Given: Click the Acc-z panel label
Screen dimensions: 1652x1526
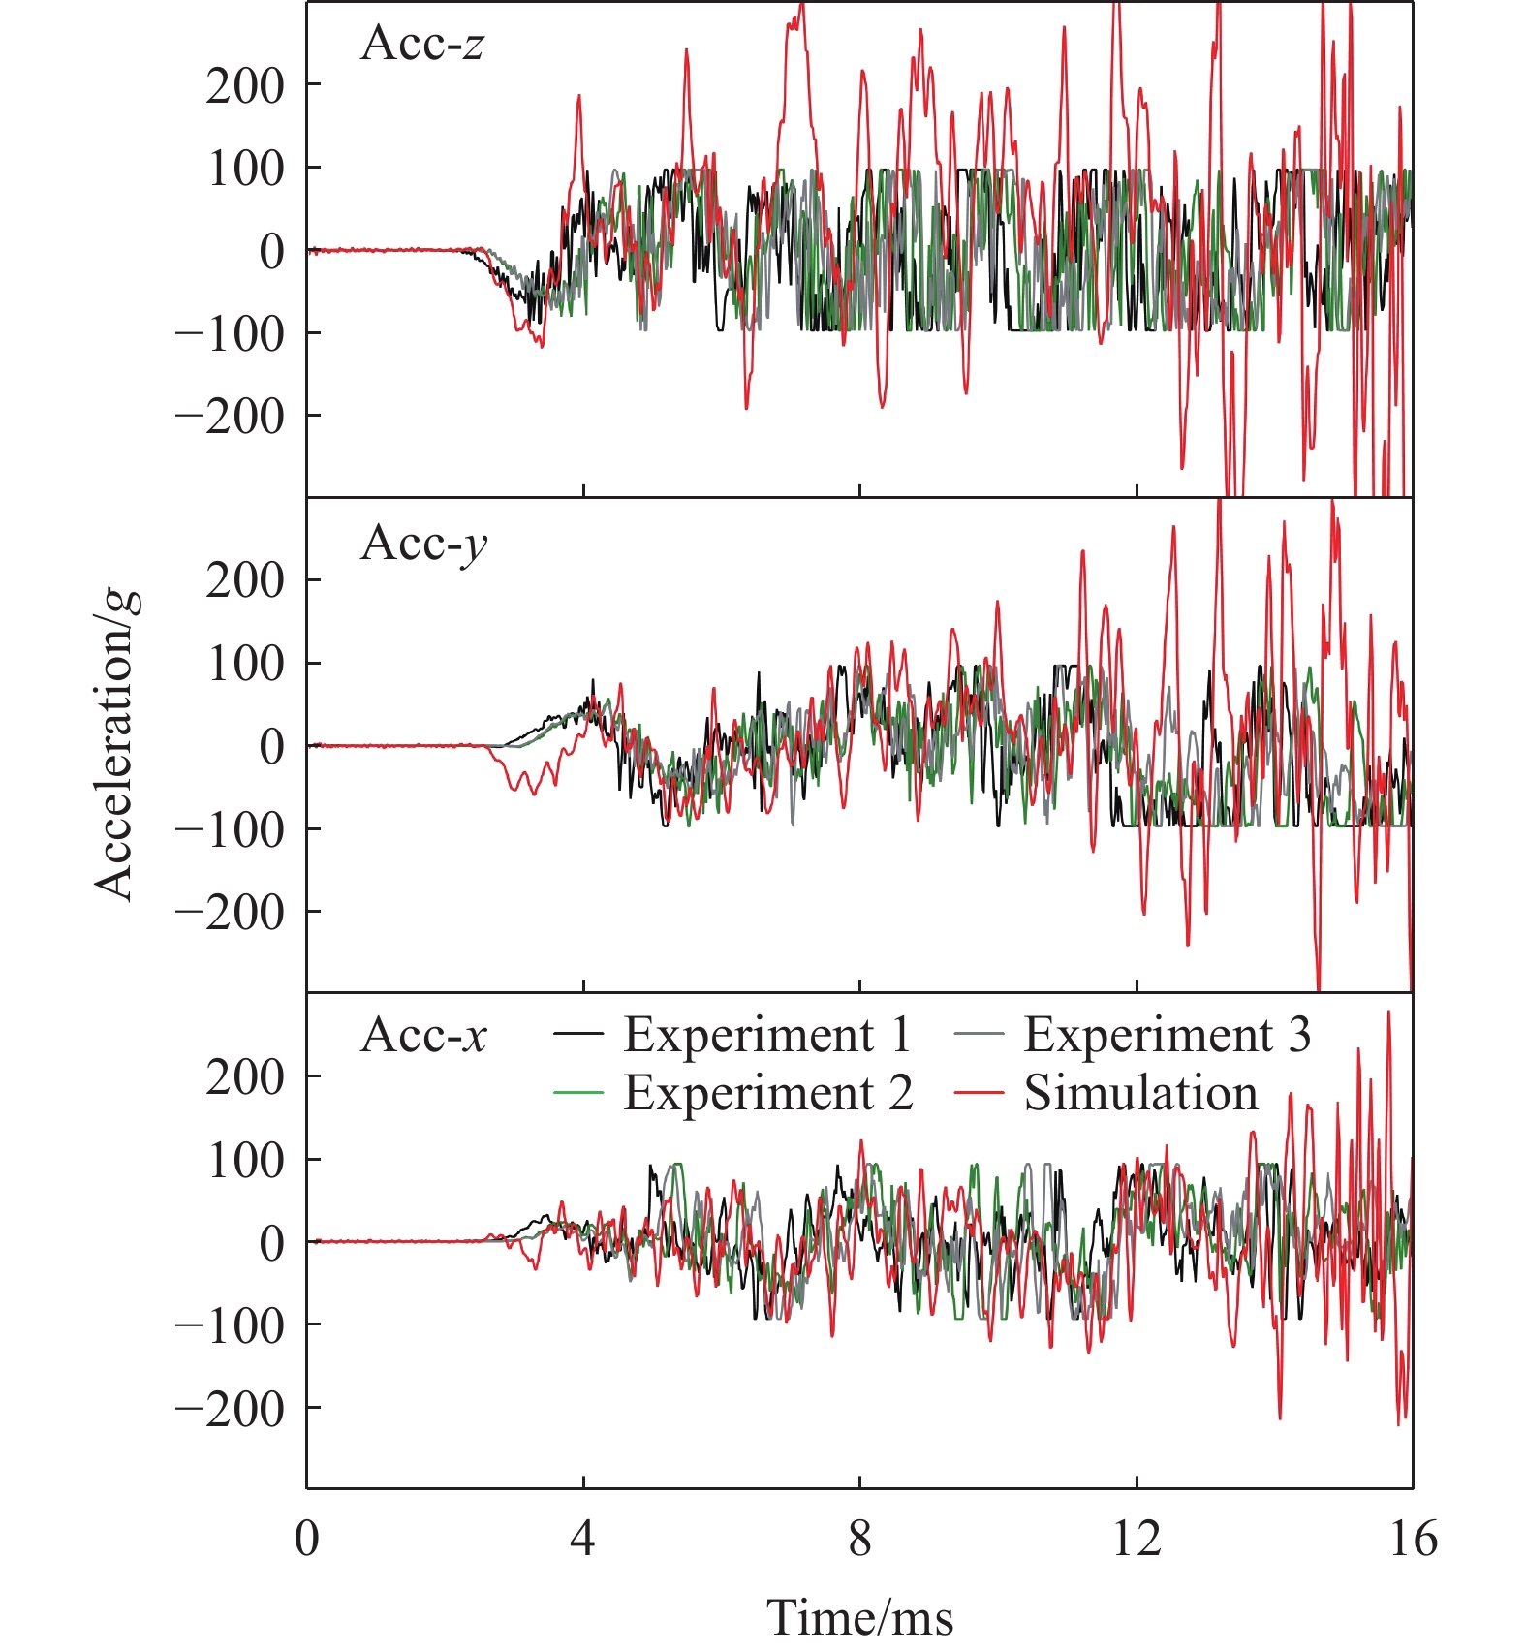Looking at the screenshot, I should click(422, 44).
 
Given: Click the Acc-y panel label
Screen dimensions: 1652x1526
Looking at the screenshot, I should click(423, 544).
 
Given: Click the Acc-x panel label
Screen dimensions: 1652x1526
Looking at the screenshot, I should click(423, 1036).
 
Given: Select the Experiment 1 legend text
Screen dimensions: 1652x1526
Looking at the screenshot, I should click(767, 1035).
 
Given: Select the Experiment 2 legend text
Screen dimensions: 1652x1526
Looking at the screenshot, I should click(767, 1093).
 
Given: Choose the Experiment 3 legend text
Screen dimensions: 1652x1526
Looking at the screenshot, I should click(1167, 1035).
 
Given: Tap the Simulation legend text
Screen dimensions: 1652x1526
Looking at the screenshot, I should click(1140, 1093).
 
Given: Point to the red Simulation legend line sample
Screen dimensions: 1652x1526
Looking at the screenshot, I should click(978, 1094).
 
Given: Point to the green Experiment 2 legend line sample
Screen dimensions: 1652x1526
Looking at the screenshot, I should click(578, 1094).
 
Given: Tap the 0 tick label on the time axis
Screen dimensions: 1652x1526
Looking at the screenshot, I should click(307, 1539).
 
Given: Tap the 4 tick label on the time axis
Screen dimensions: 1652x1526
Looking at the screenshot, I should click(582, 1539).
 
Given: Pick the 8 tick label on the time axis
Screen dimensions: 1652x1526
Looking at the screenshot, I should click(859, 1539).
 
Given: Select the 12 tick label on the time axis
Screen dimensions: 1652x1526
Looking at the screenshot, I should click(1136, 1539).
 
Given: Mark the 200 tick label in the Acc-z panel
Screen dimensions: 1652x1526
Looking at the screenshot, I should click(245, 86).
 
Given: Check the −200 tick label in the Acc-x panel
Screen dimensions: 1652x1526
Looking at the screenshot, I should click(230, 1408).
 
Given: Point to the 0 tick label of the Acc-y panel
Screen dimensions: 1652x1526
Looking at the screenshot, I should click(272, 747).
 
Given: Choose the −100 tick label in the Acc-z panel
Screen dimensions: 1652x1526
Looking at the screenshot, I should click(230, 334).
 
